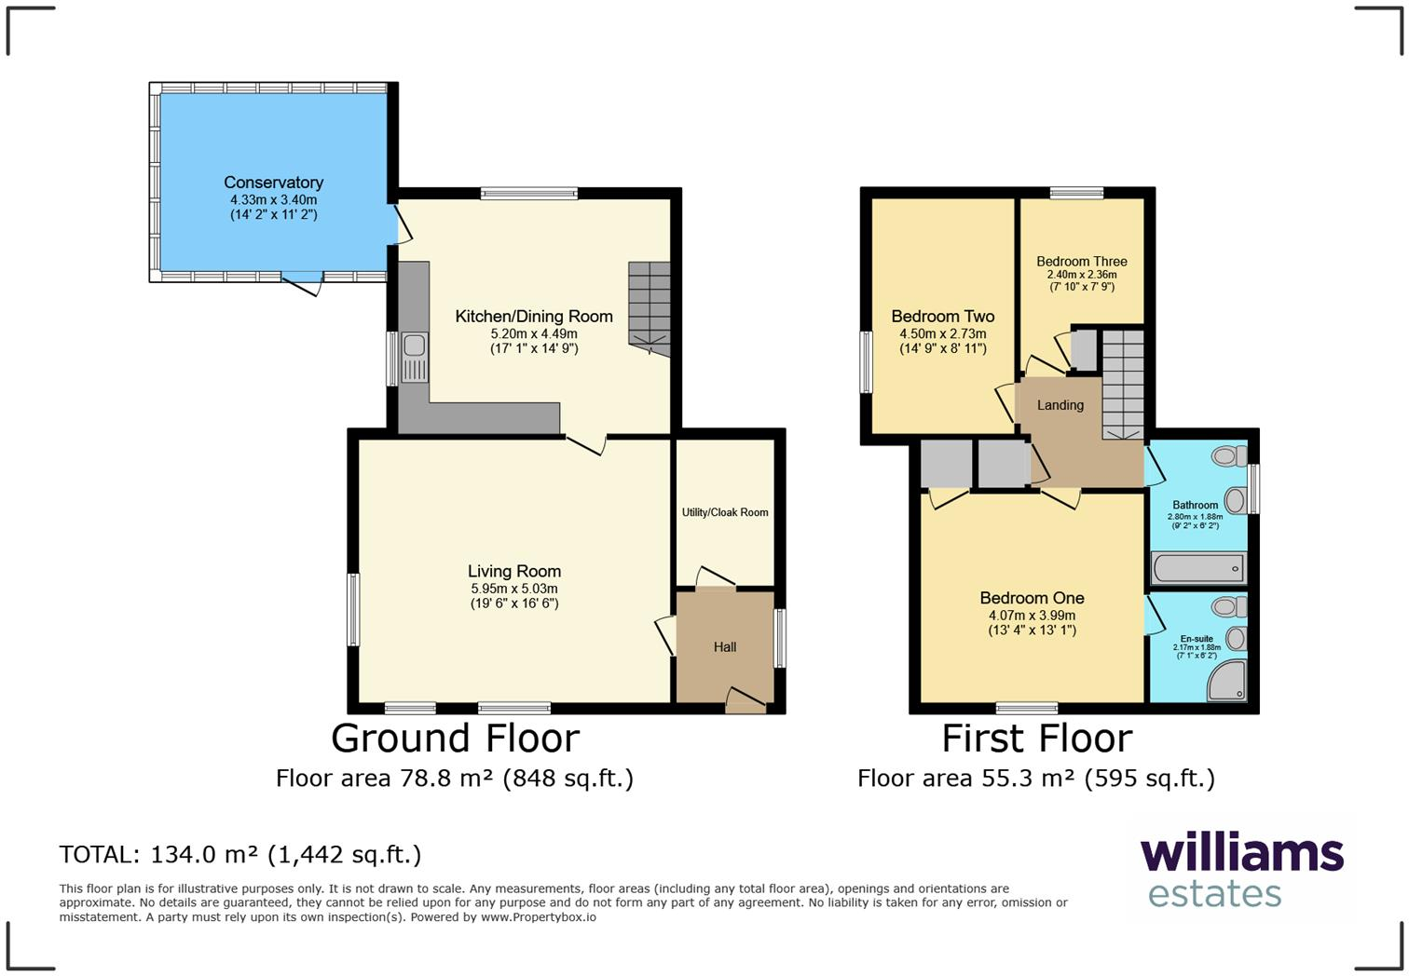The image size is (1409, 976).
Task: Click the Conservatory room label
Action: pyautogui.click(x=273, y=183)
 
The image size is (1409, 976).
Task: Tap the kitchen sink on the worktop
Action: pyautogui.click(x=414, y=357)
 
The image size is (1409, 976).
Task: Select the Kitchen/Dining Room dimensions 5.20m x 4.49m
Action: pyautogui.click(x=534, y=333)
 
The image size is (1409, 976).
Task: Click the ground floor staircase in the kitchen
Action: pyautogui.click(x=649, y=307)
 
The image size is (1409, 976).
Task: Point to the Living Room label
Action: pyautogui.click(x=514, y=572)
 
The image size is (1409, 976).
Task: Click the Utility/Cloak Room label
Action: pyautogui.click(x=725, y=512)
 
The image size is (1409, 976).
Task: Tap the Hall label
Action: pyautogui.click(x=725, y=647)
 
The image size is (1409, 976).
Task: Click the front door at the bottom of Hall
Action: pyautogui.click(x=746, y=700)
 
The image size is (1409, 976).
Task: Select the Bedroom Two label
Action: pyautogui.click(x=942, y=317)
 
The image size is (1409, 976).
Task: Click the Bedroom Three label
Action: pyautogui.click(x=1081, y=262)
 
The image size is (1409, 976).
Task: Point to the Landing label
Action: pyautogui.click(x=1060, y=405)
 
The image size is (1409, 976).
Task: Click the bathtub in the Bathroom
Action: pyautogui.click(x=1198, y=567)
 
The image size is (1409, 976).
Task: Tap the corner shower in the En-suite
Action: pyautogui.click(x=1227, y=682)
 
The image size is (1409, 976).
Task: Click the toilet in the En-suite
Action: pyautogui.click(x=1230, y=607)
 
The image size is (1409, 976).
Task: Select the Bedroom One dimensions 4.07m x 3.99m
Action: pyautogui.click(x=1032, y=616)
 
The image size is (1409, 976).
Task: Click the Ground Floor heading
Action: pyautogui.click(x=455, y=739)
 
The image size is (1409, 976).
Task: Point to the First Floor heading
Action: pyautogui.click(x=1036, y=739)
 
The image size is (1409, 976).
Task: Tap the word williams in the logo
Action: pyautogui.click(x=1241, y=853)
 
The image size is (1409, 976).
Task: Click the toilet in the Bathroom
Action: pyautogui.click(x=1230, y=456)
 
